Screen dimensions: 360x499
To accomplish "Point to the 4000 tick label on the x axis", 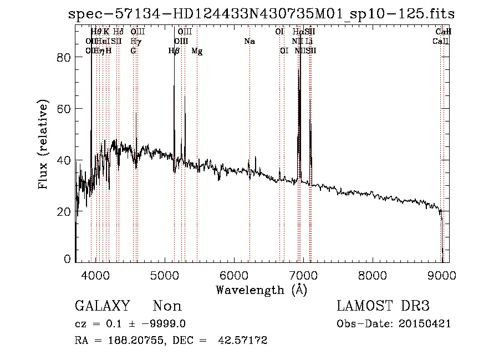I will [x=96, y=275].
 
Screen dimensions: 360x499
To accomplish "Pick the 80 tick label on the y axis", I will [x=65, y=58].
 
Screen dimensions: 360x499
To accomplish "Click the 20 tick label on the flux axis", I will [x=65, y=212].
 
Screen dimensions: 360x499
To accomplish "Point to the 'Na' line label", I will [x=249, y=41].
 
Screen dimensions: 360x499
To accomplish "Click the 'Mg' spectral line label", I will [x=197, y=51].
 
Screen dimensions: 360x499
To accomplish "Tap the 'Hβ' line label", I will [x=174, y=51].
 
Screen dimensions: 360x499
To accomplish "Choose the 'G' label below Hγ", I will [x=133, y=50].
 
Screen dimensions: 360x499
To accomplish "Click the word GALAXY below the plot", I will [x=103, y=306].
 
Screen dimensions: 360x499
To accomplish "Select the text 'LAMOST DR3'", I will [x=383, y=306].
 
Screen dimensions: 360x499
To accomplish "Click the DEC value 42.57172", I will [x=245, y=341].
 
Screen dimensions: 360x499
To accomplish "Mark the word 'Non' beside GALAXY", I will [x=167, y=306].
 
